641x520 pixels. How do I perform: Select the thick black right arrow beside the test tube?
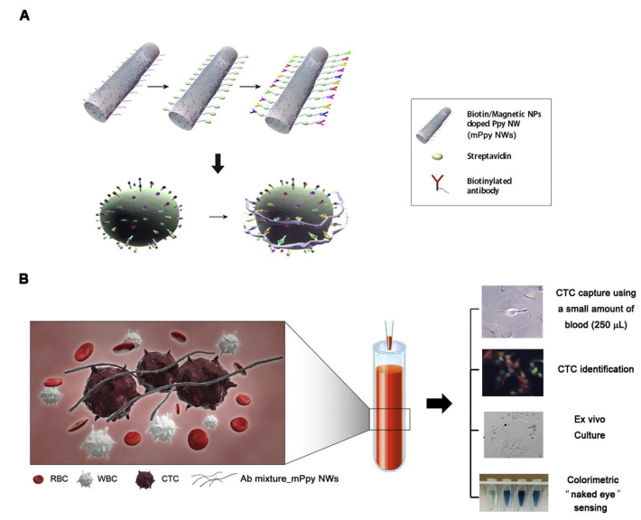tap(439, 403)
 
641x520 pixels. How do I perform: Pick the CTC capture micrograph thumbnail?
tap(511, 311)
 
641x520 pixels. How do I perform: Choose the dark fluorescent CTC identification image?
tap(511, 371)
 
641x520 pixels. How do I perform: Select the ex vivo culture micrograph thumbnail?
tap(511, 432)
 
